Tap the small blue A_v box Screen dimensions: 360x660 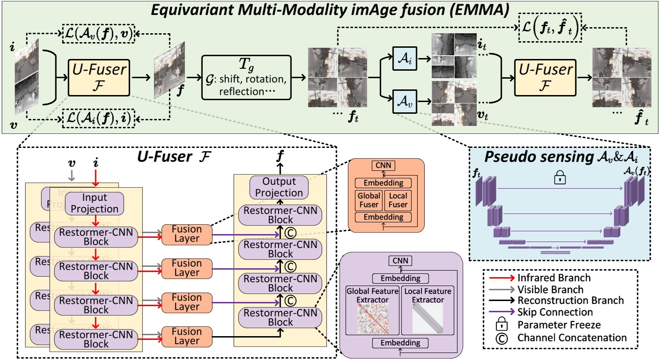(x=401, y=100)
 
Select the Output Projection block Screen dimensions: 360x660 (x=279, y=187)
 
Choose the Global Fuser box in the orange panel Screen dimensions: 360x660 (x=369, y=199)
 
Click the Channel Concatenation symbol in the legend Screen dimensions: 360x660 (x=501, y=338)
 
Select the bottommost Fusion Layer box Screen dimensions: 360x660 (x=187, y=337)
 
